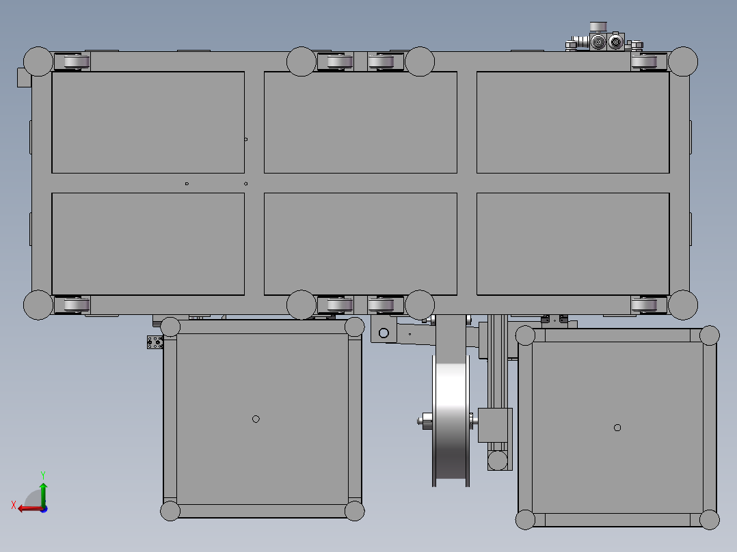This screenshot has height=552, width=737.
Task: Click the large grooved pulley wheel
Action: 451,420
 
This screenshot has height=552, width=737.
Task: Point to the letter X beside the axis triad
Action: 13,505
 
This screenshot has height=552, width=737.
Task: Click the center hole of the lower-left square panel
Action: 256,419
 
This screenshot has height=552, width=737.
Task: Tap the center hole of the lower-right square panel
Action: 617,428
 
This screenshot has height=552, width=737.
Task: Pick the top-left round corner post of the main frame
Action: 38,61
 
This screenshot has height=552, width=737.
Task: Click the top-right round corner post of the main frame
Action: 683,61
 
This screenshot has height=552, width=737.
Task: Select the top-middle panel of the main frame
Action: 360,122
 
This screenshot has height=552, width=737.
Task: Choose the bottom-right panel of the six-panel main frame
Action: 573,244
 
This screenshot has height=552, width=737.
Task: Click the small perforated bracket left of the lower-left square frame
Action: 155,342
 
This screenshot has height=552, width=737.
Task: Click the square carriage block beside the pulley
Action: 494,425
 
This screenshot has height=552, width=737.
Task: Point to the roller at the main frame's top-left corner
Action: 72,62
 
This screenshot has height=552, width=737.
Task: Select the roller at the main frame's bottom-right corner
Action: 648,304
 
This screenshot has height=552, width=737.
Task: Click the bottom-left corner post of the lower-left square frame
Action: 170,510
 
